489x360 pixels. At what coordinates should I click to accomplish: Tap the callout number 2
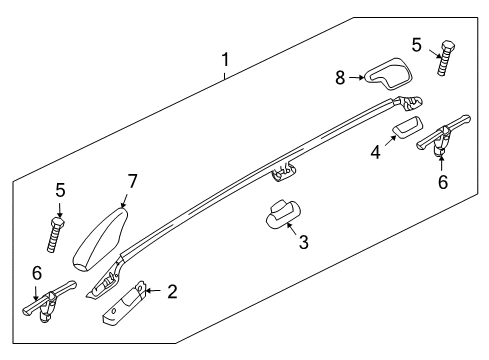point(173,291)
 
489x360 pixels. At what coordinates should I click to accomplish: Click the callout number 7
point(132,181)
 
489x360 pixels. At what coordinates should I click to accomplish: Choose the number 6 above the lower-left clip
point(37,272)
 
